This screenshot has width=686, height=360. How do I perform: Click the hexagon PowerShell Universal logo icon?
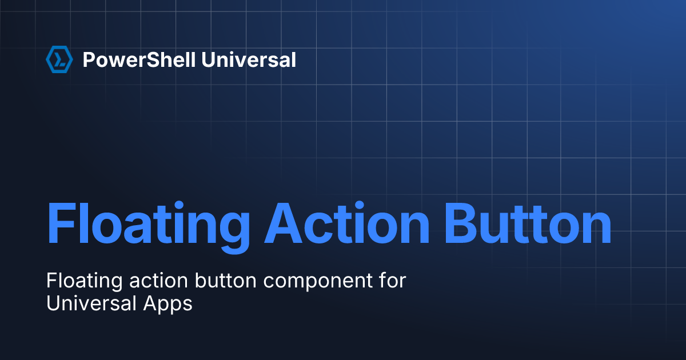pos(59,59)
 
